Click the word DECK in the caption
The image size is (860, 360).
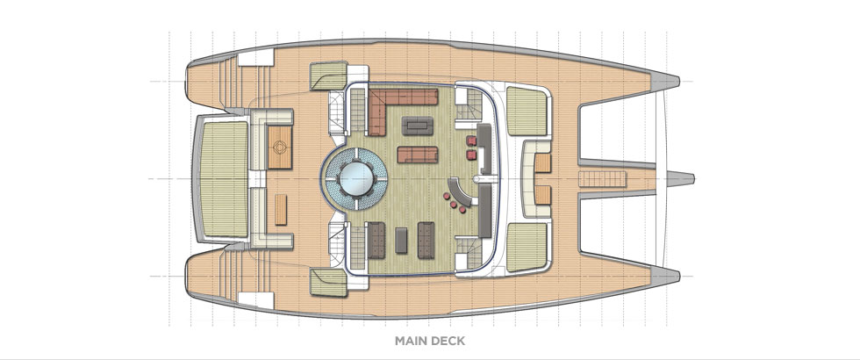click(449, 341)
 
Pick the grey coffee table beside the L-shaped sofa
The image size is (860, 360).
click(417, 126)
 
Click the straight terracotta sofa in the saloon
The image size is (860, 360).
click(418, 155)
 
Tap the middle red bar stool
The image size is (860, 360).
click(454, 205)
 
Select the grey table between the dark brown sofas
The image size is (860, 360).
click(402, 241)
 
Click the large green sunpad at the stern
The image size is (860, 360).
click(225, 179)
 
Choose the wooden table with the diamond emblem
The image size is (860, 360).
click(280, 148)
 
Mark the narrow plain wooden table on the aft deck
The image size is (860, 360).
click(281, 209)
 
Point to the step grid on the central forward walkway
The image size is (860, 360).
click(602, 179)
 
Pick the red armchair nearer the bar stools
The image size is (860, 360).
click(471, 155)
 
